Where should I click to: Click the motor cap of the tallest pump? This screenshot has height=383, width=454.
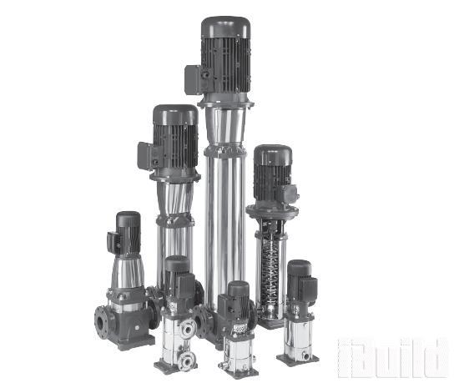click(226, 28)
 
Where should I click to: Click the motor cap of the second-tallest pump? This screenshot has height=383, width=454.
click(175, 114)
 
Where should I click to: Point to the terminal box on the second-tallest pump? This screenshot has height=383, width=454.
click(146, 155)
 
